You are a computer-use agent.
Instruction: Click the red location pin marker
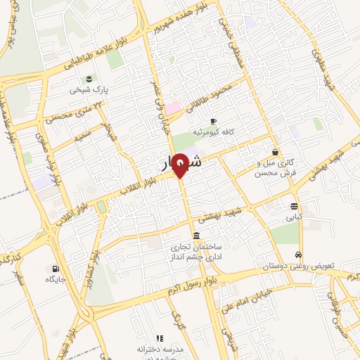point(180,165)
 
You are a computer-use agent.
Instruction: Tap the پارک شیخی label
point(85,91)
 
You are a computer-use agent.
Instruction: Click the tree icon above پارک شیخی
point(89,79)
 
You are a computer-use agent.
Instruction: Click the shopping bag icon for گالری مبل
point(275,152)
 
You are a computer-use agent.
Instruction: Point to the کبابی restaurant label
point(293,218)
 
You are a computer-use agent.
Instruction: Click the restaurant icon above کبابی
point(294,206)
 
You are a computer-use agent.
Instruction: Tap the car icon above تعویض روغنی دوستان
point(299,255)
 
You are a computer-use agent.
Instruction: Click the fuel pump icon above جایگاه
point(56,268)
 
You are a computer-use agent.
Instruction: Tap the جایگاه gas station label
point(56,280)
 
